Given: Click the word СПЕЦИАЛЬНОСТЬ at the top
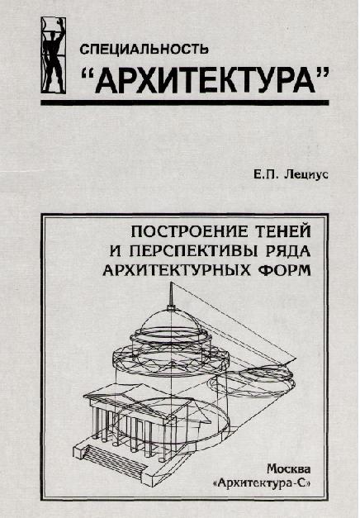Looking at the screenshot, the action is click(x=144, y=50).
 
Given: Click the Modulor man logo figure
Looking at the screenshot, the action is click(x=53, y=55).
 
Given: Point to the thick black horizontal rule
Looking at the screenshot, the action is click(x=185, y=102).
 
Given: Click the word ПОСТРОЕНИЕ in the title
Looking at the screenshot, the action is click(x=190, y=231).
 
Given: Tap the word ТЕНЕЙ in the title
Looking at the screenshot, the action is click(x=283, y=231).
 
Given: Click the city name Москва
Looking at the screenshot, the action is click(x=289, y=468).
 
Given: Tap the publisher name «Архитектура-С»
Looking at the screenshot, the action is click(x=263, y=483).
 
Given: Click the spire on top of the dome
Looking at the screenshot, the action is click(x=171, y=295).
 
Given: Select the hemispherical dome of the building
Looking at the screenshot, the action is click(x=170, y=322).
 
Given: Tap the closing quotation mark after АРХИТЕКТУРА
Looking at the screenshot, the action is click(x=324, y=73).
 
